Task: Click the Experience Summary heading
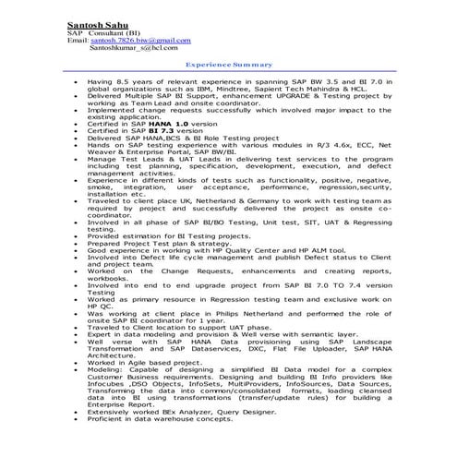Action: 229,66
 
